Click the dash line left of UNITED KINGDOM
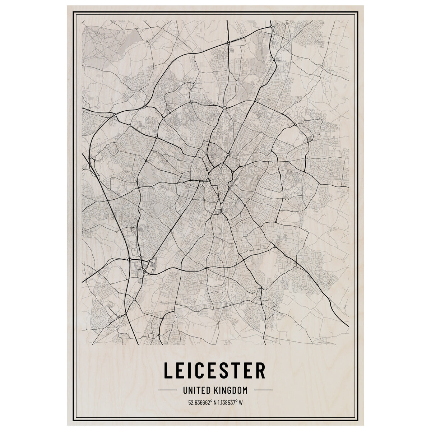click(x=168, y=390)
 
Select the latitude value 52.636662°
click(x=200, y=402)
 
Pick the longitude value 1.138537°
click(x=227, y=402)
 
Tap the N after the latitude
click(x=215, y=402)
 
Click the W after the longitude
click(x=241, y=402)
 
